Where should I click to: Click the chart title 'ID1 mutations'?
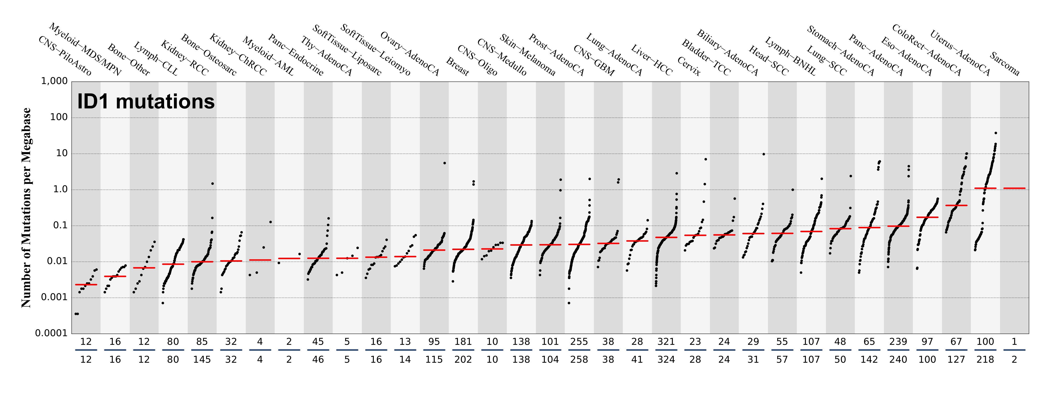pyautogui.click(x=146, y=101)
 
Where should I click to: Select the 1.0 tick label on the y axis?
pyautogui.click(x=58, y=190)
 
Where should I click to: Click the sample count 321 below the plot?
pyautogui.click(x=666, y=342)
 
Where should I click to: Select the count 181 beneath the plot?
pyautogui.click(x=463, y=342)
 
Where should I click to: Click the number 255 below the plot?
pyautogui.click(x=579, y=342)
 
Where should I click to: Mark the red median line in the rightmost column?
pyautogui.click(x=1014, y=188)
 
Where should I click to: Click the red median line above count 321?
pyautogui.click(x=666, y=237)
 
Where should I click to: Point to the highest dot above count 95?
pyautogui.click(x=444, y=163)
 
